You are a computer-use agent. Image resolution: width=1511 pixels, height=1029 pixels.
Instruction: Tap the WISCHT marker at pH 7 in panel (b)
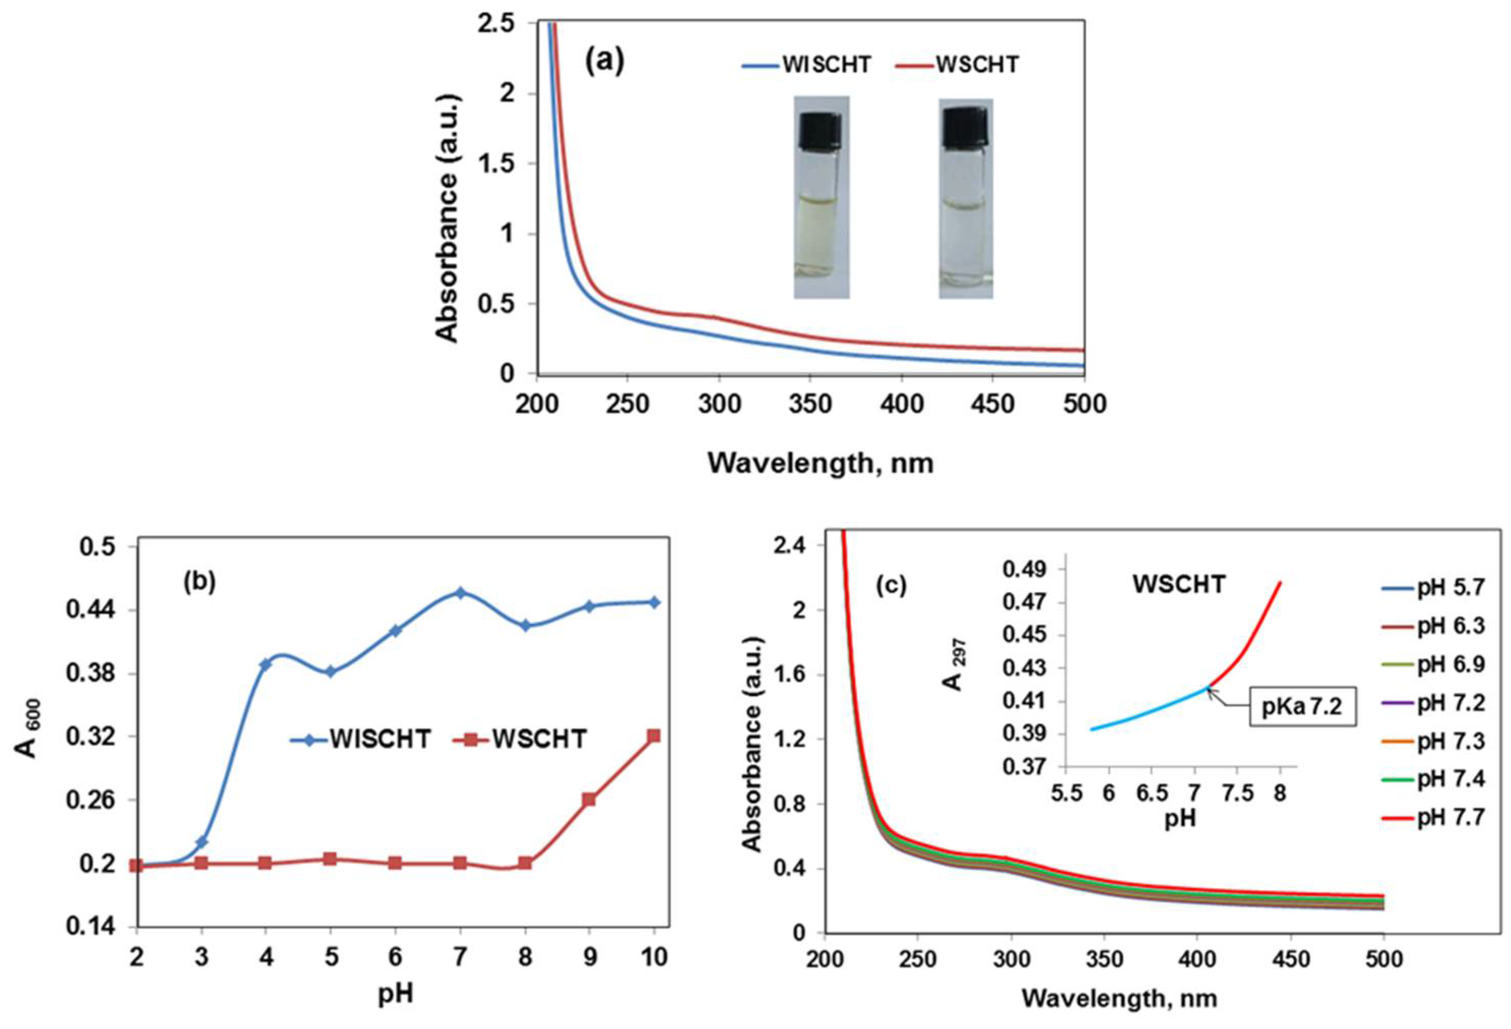(460, 593)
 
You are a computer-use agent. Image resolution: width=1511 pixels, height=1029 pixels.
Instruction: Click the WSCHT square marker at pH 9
(589, 799)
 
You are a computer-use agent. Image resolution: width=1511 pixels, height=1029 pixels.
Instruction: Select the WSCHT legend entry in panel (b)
(521, 739)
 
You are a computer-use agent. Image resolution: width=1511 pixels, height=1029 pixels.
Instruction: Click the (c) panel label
(891, 586)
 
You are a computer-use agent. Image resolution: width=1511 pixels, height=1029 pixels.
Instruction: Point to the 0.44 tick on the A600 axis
(98, 610)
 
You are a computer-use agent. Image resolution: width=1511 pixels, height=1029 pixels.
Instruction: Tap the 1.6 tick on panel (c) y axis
(789, 674)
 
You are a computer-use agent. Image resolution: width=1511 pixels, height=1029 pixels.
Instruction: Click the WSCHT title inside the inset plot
(1179, 584)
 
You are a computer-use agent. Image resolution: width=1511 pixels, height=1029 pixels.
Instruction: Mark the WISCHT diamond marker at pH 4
(265, 664)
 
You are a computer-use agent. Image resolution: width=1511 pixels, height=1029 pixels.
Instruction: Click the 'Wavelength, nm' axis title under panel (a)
(821, 463)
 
